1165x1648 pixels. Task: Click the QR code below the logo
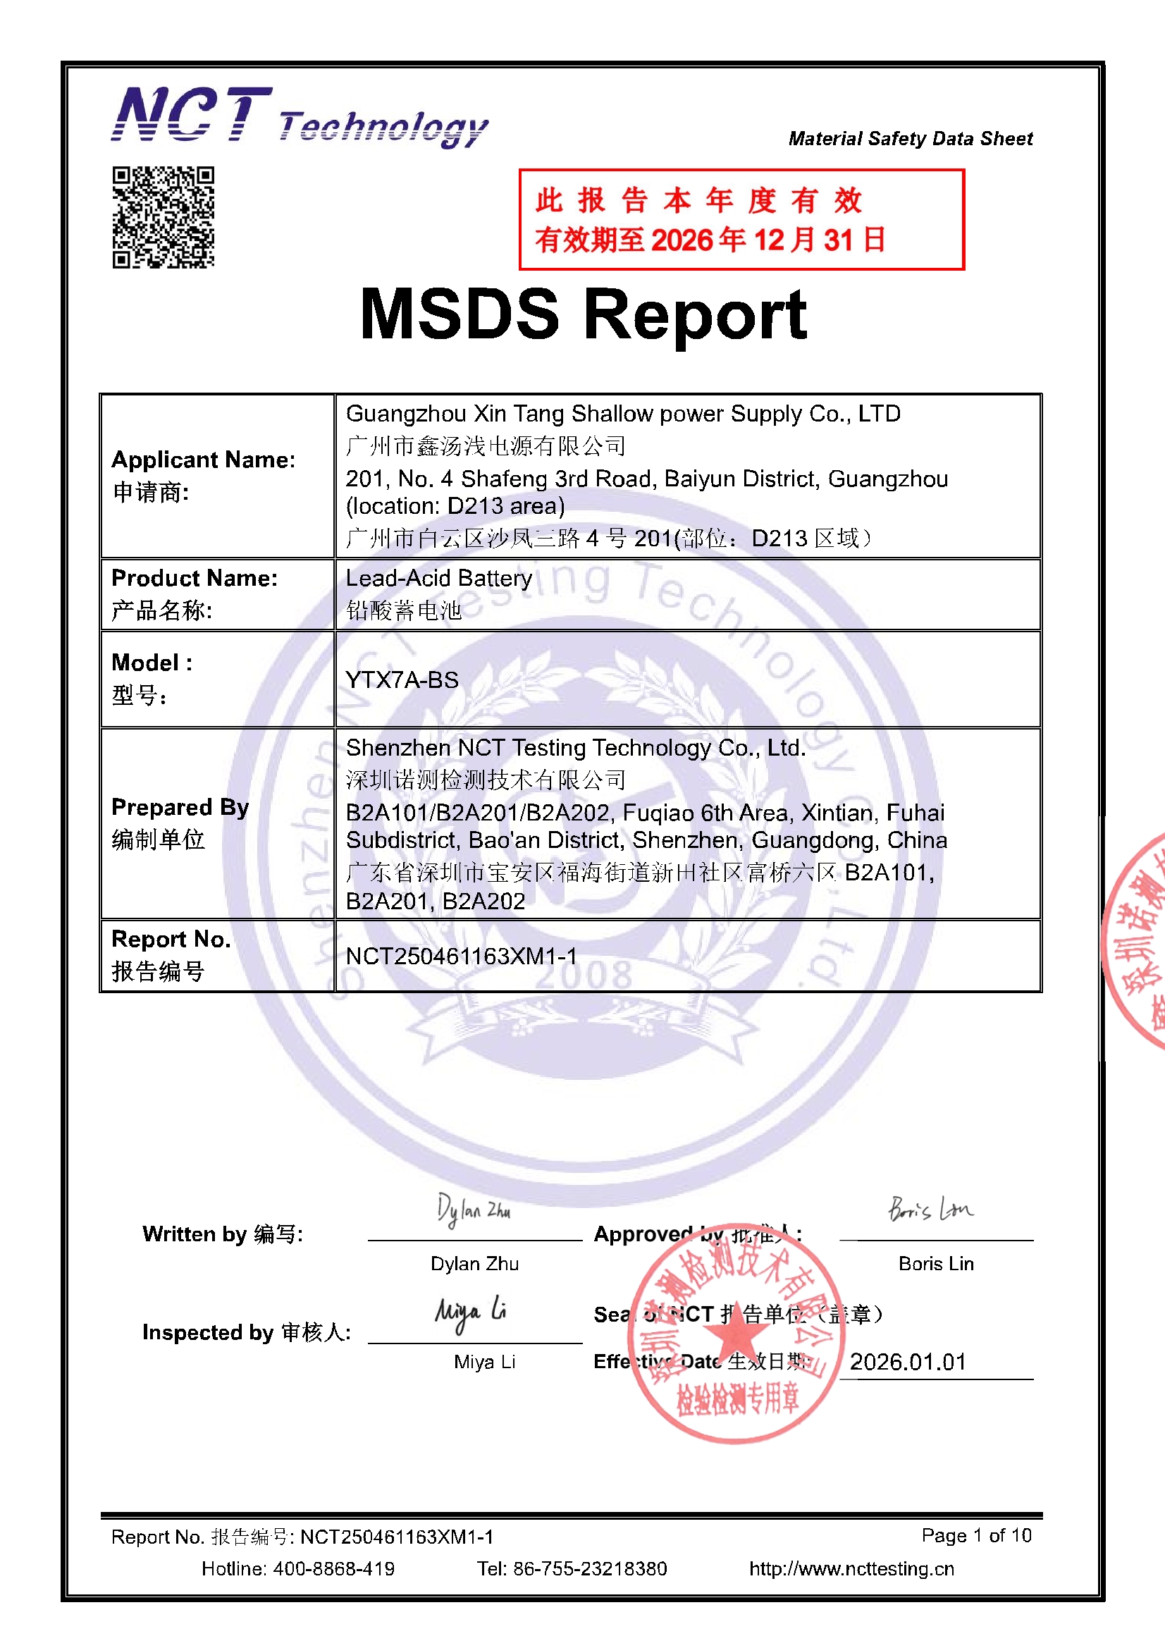pos(163,218)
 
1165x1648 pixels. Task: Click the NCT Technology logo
pos(300,116)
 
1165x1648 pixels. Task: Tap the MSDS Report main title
pos(583,314)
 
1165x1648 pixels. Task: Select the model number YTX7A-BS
pos(402,680)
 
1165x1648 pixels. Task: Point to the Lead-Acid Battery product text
pos(438,579)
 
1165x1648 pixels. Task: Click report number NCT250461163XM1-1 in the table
pos(461,956)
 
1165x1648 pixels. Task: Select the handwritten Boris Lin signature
pos(930,1210)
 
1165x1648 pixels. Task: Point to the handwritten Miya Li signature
pos(470,1312)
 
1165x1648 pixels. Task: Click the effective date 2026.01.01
pos(908,1362)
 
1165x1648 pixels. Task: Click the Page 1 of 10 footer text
pos(976,1535)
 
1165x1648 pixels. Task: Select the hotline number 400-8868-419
pos(334,1569)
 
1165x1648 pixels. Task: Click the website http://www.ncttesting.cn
pos(851,1569)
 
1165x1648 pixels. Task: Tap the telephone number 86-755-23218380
pos(590,1569)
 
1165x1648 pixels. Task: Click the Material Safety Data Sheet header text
pos(910,139)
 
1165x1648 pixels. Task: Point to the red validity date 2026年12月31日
pos(768,240)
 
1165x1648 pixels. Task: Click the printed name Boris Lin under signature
pos(936,1264)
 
